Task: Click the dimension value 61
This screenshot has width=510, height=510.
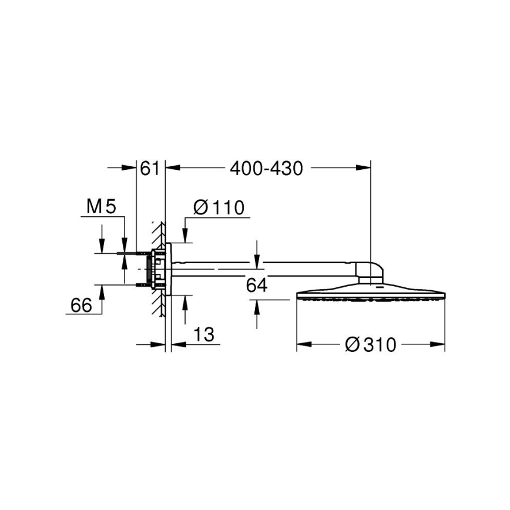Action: pyautogui.click(x=150, y=169)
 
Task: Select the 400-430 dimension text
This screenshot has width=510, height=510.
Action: pyautogui.click(x=266, y=169)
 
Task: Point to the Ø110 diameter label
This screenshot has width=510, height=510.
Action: pyautogui.click(x=218, y=207)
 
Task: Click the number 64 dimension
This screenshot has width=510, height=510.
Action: pyautogui.click(x=256, y=286)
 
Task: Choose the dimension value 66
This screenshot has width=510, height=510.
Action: pyautogui.click(x=83, y=305)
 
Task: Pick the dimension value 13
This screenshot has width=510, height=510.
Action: pyautogui.click(x=203, y=335)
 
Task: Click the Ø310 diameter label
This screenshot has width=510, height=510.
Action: pyautogui.click(x=370, y=344)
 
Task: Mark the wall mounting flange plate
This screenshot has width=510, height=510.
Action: pyautogui.click(x=169, y=268)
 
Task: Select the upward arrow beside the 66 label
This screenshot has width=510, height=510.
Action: pyautogui.click(x=102, y=290)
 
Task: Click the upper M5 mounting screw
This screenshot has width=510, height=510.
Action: pyautogui.click(x=141, y=254)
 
